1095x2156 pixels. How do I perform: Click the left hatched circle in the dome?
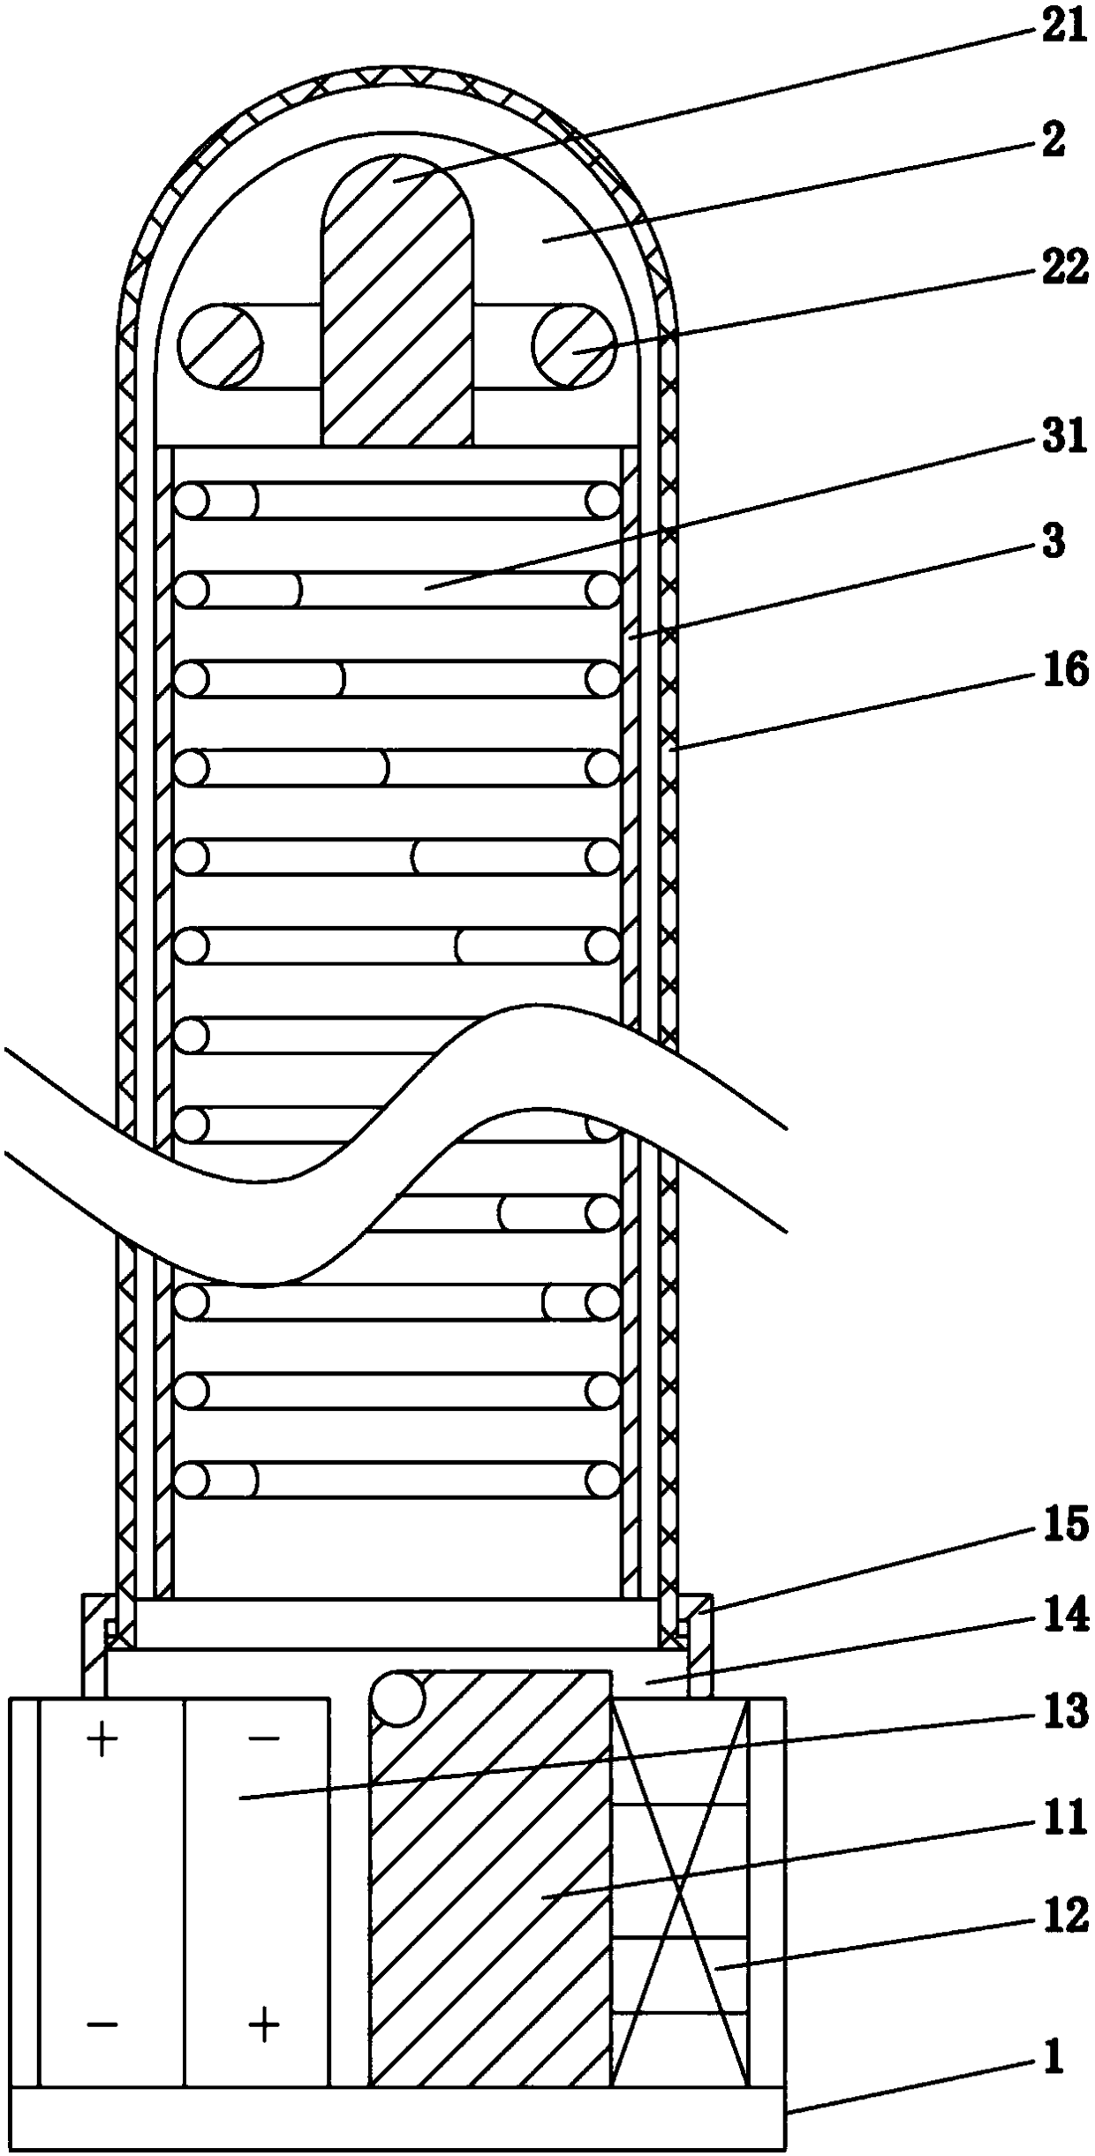pos(220,346)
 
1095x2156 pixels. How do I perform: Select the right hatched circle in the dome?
pos(574,346)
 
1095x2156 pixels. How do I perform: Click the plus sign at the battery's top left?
pos(102,1740)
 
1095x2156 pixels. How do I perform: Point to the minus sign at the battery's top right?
pos(263,1738)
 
